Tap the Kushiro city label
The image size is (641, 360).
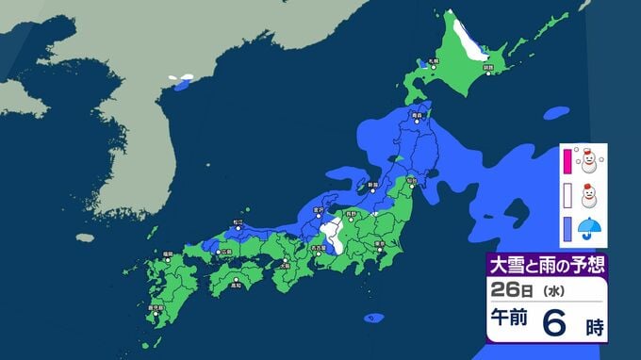487,69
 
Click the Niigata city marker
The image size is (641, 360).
373,188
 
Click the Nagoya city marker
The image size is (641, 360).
325,254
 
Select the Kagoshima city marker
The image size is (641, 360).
154,312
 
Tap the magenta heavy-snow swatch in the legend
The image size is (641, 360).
567,160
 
